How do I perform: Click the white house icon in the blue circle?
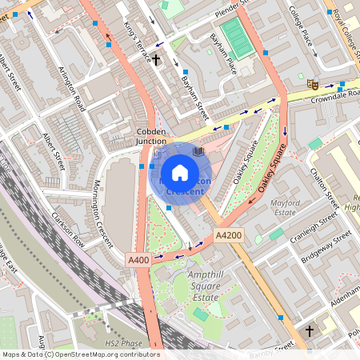point(180,172)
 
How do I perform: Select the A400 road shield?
point(137,260)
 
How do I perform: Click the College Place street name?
point(306,26)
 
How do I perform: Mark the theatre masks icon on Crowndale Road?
point(313,83)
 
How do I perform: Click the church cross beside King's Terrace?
point(156,59)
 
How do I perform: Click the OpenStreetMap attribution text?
point(80,354)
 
